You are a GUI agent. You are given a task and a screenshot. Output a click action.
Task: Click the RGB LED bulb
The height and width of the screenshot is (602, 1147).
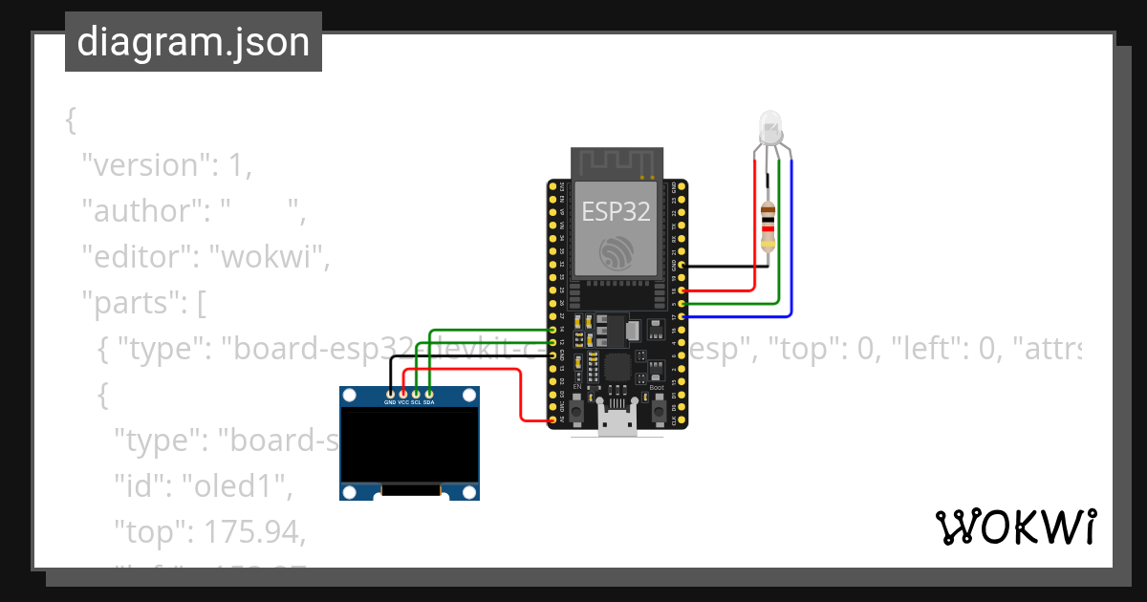[x=770, y=125]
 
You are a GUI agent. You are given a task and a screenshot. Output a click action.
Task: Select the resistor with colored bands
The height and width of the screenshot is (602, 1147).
[x=767, y=226]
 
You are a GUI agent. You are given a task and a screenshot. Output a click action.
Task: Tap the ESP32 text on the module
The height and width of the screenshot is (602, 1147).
[x=617, y=212]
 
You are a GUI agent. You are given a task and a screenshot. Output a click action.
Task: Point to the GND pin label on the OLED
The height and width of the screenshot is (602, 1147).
[x=390, y=402]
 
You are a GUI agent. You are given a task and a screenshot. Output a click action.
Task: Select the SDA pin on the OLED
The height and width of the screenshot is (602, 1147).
[x=429, y=402]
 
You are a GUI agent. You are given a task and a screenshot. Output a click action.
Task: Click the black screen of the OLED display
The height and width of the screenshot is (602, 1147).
[x=409, y=445]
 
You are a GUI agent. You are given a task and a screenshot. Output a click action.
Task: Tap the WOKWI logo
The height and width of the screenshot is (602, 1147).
[x=1015, y=527]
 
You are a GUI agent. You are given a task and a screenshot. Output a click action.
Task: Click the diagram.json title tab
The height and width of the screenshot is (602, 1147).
[x=193, y=42]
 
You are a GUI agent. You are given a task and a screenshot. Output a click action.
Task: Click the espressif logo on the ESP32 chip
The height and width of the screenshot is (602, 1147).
[x=617, y=252]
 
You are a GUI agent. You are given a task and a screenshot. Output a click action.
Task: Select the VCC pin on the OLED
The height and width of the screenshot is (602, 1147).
[x=402, y=402]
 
